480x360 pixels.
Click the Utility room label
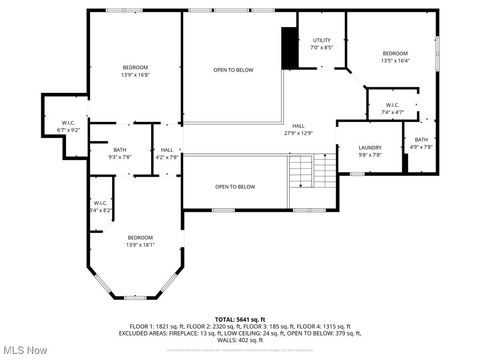[x=321, y=44]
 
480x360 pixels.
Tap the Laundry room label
[x=370, y=151]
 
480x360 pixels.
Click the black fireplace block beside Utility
[x=289, y=48]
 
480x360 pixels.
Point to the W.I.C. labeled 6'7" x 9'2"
[x=68, y=126]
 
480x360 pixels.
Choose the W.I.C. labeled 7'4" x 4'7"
[x=390, y=108]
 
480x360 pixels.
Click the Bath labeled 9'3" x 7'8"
[x=120, y=153]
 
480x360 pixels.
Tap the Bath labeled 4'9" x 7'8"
[x=421, y=144]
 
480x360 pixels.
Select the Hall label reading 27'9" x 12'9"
[x=298, y=129]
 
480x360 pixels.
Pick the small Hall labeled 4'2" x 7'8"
[x=167, y=153]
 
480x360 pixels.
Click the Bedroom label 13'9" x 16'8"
[x=135, y=70]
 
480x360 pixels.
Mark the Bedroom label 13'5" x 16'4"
[x=395, y=57]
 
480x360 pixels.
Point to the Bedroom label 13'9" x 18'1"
[x=139, y=241]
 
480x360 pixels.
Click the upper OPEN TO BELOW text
[x=233, y=69]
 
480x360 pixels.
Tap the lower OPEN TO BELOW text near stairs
[x=235, y=187]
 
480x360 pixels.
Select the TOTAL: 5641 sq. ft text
[x=239, y=318]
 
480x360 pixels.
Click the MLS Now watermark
[x=25, y=350]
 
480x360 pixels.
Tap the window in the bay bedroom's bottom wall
[x=135, y=297]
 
